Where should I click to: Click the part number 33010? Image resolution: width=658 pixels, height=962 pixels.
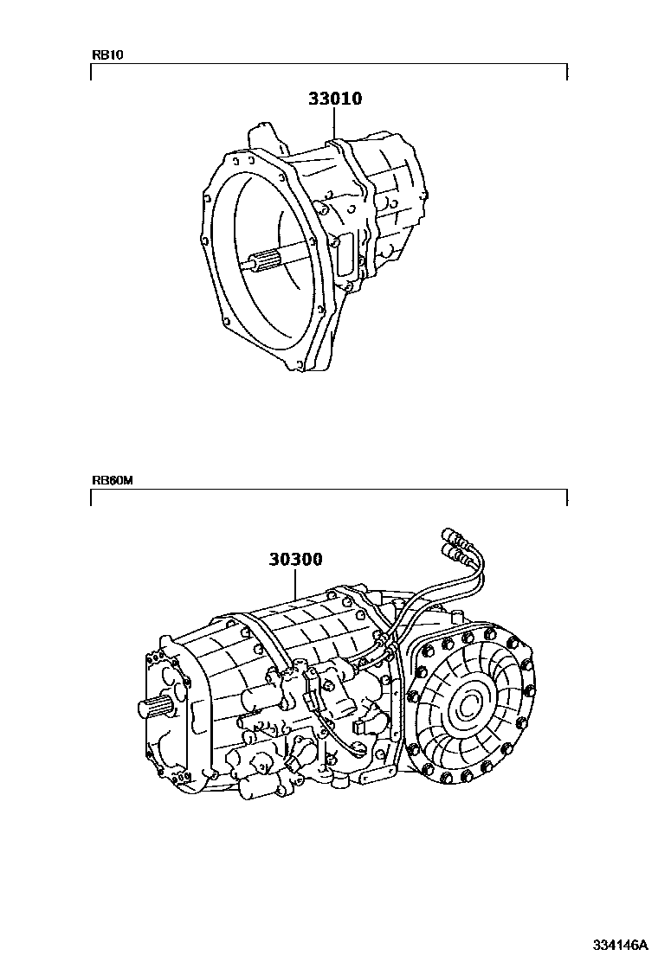coord(334,99)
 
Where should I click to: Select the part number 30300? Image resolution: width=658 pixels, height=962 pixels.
coord(295,559)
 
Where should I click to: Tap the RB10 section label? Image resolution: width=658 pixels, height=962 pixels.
coord(108,55)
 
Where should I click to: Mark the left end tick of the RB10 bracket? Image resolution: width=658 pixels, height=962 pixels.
coord(92,73)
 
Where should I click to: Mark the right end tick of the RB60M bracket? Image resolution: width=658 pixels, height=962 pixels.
coord(566,498)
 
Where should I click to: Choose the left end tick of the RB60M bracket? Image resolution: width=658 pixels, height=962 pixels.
coord(92,498)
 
